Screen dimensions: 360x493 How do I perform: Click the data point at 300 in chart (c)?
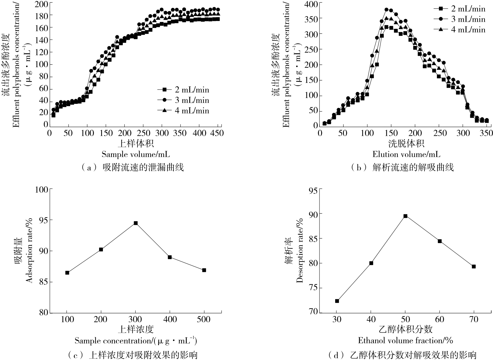(135, 223)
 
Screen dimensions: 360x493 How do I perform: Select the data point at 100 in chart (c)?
(67, 273)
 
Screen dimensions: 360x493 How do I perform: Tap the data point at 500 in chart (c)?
(204, 270)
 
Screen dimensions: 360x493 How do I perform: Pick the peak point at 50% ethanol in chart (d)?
(406, 216)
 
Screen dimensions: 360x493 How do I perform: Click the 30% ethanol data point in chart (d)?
(337, 301)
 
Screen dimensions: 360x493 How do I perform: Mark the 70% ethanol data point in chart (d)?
(474, 266)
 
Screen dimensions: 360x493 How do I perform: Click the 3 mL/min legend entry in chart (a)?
(183, 100)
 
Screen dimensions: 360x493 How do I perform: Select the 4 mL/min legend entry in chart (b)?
(460, 29)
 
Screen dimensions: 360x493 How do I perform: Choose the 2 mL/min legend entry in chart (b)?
(460, 9)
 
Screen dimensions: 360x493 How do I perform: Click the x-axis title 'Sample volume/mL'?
(135, 154)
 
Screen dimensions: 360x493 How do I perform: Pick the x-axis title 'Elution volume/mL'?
(406, 154)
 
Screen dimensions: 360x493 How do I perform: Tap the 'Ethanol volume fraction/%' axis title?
(406, 340)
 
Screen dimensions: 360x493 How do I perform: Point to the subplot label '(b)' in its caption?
(358, 168)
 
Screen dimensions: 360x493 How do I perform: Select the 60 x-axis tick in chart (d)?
(440, 320)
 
